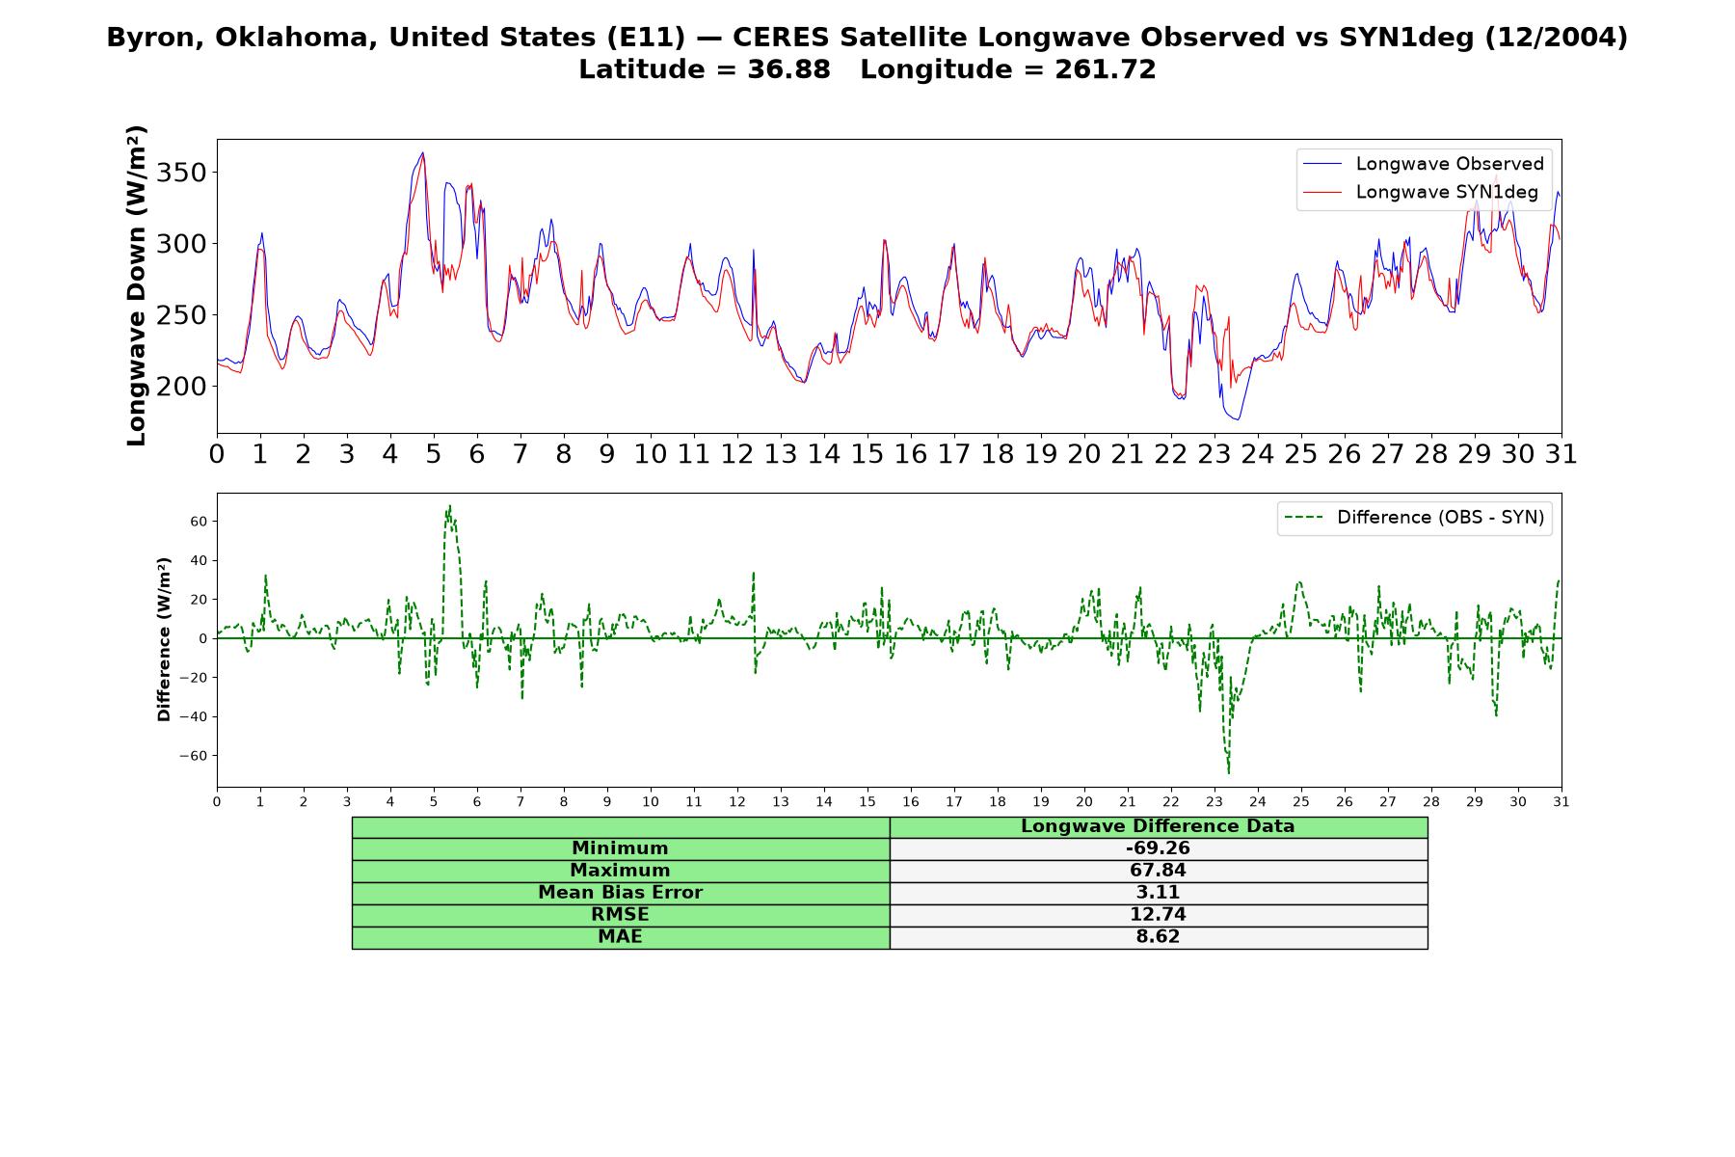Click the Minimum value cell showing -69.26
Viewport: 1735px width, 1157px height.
pyautogui.click(x=1158, y=848)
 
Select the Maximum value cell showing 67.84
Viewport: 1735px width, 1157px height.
pyautogui.click(x=1158, y=871)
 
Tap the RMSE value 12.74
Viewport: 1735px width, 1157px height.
pyautogui.click(x=1158, y=915)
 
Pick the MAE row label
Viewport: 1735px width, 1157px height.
pyautogui.click(x=620, y=937)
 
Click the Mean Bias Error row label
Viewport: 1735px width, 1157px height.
pyautogui.click(x=620, y=893)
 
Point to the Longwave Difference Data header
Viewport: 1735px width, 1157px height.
pyautogui.click(x=1158, y=826)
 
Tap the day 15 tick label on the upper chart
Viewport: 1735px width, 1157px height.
pyautogui.click(x=867, y=454)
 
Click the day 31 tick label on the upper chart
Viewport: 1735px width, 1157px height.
pyautogui.click(x=1561, y=454)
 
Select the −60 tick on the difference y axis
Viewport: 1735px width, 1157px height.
pyautogui.click(x=193, y=756)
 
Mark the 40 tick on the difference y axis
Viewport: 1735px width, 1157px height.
pyautogui.click(x=199, y=560)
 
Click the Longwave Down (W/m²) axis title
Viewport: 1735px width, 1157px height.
pyautogui.click(x=136, y=285)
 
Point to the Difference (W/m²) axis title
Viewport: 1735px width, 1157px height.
pyautogui.click(x=164, y=639)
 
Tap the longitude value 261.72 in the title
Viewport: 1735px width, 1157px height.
pyautogui.click(x=1105, y=69)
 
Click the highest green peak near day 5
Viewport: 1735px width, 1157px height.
pyautogui.click(x=449, y=505)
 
